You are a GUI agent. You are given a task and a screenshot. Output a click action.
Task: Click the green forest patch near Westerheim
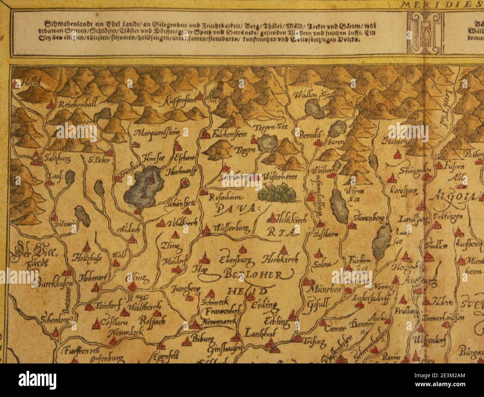point(277,193)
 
